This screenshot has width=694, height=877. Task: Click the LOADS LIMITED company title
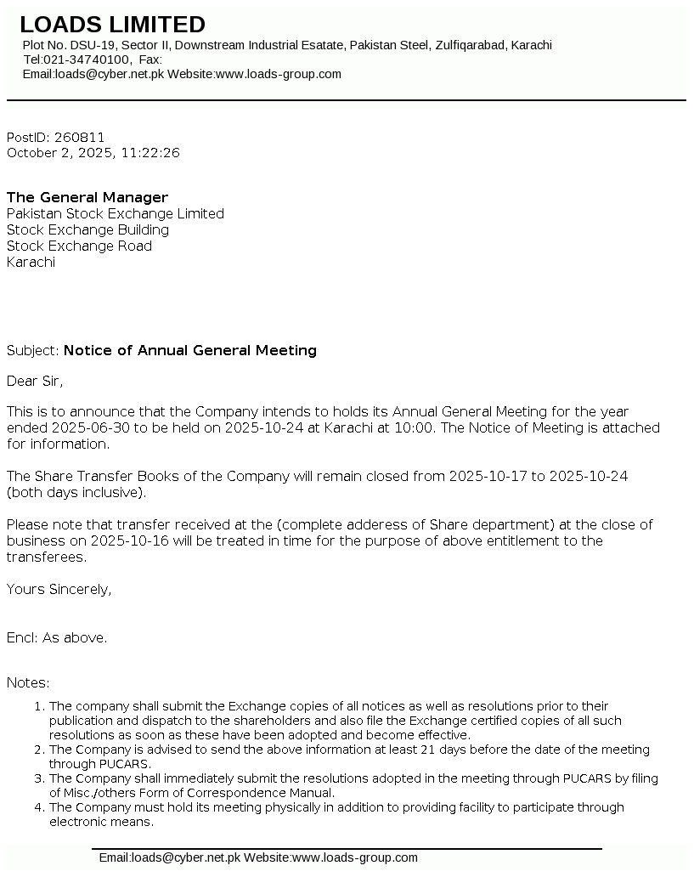point(112,25)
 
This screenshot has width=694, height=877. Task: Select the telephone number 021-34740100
point(87,59)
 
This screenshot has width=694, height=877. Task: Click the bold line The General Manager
point(87,198)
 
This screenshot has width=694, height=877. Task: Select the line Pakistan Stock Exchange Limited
point(116,214)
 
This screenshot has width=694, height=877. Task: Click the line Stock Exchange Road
point(79,246)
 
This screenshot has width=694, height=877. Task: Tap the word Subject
point(31,350)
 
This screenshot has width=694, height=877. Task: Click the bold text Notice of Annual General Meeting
point(190,350)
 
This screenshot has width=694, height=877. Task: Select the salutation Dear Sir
point(35,381)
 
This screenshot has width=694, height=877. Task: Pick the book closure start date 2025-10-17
point(488,476)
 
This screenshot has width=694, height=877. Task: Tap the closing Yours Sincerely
point(59,589)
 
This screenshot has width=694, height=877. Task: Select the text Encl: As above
point(57,637)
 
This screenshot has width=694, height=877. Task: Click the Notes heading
point(28,682)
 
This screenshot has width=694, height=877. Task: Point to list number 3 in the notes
point(38,778)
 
